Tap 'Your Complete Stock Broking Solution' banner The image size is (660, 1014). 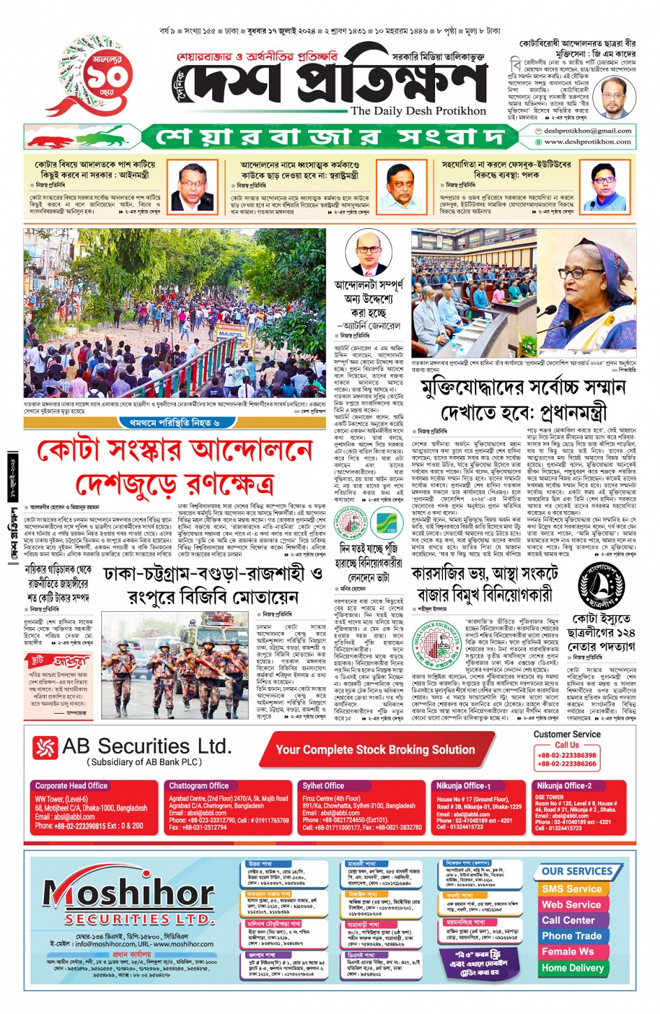click(375, 749)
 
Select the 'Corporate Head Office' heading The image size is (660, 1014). click(71, 786)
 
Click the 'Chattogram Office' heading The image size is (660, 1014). click(199, 786)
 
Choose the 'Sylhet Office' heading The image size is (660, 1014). click(323, 786)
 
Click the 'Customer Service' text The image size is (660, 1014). click(566, 734)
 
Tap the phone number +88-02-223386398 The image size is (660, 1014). click(566, 755)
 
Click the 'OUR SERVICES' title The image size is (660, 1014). click(576, 872)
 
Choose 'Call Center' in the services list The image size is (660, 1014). click(568, 920)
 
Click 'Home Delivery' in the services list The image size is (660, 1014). click(572, 968)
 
